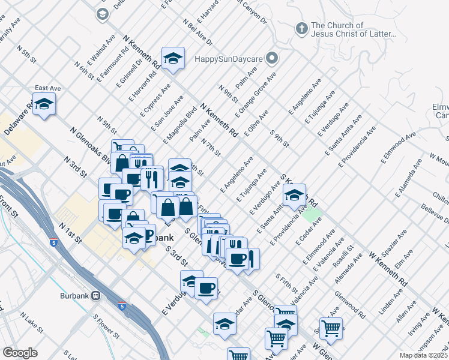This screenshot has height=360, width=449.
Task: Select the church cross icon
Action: coord(301,28)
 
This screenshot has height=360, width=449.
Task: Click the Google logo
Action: coord(19,353)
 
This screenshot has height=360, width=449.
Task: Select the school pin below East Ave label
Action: coord(44,105)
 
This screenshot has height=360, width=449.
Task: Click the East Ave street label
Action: coord(46,88)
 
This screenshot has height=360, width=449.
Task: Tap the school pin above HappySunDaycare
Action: coord(173,59)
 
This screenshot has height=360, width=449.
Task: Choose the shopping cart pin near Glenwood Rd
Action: coord(331,328)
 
